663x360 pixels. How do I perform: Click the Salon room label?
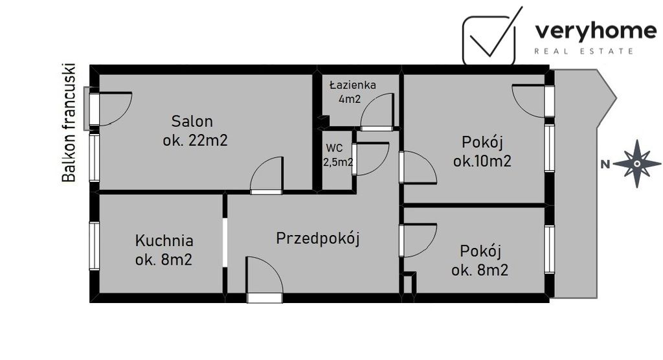[x=192, y=121]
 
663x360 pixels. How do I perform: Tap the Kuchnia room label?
[x=164, y=241]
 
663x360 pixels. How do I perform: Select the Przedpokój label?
[x=317, y=238]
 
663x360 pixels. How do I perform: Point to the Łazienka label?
[x=352, y=85]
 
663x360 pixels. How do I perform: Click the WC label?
[x=334, y=147]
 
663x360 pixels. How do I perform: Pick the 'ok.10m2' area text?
[x=482, y=161]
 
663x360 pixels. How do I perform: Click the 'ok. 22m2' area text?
[x=195, y=140]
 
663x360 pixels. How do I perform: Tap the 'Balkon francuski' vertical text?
[x=68, y=122]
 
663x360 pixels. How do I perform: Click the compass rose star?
[x=636, y=163]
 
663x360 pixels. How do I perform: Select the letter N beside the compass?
[x=605, y=164]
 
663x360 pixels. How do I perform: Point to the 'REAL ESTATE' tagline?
[x=583, y=51]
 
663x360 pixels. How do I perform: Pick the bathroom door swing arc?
[x=377, y=112]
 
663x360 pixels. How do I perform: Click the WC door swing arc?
[x=371, y=159]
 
